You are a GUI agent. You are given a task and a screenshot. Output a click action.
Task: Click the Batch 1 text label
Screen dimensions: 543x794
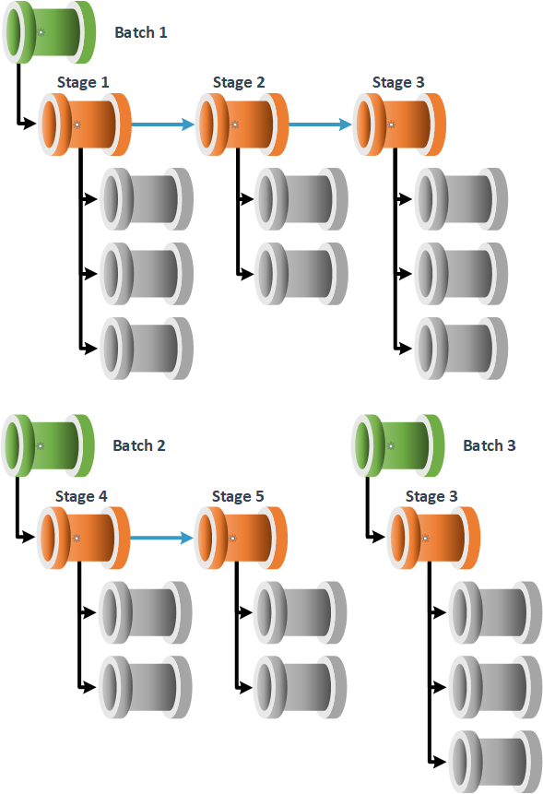(141, 32)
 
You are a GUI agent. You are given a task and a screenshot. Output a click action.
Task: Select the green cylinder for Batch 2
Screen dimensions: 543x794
(48, 445)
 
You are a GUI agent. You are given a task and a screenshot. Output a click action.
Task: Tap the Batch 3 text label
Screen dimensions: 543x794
(490, 445)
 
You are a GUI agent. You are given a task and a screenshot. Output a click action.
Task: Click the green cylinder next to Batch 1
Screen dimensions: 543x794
(49, 32)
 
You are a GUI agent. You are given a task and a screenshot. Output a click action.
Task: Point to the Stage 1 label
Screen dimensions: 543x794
(83, 82)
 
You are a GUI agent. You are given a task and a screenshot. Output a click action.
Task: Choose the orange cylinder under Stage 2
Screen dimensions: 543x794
(242, 124)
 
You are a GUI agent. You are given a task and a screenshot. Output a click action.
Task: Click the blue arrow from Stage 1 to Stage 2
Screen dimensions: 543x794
(163, 124)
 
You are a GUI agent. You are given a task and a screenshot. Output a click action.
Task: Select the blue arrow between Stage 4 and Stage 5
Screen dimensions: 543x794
(162, 538)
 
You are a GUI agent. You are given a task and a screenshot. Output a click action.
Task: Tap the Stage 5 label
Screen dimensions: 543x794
(238, 496)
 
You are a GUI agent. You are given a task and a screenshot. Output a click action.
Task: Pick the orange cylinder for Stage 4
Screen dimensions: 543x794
(84, 538)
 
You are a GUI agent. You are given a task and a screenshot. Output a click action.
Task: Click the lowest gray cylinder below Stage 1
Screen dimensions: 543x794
(147, 349)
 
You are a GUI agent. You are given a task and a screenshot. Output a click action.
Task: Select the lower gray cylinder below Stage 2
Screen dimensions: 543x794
(301, 274)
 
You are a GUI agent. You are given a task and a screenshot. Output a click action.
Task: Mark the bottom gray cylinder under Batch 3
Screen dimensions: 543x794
(495, 762)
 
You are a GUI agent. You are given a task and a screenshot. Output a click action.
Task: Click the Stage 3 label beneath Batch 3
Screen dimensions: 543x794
(431, 496)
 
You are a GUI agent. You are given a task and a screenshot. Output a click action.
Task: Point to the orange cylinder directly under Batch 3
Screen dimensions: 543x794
(433, 538)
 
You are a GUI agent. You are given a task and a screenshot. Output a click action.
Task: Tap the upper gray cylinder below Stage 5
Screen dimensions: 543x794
(301, 612)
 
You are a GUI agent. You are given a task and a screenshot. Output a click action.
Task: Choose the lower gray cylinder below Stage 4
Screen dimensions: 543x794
(146, 687)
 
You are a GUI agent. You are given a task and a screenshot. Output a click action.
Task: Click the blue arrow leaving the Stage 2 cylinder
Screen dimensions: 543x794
(320, 124)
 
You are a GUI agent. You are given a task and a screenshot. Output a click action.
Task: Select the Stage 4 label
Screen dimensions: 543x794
(81, 496)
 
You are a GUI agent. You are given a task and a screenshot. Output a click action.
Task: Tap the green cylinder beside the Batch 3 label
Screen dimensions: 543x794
(398, 445)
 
